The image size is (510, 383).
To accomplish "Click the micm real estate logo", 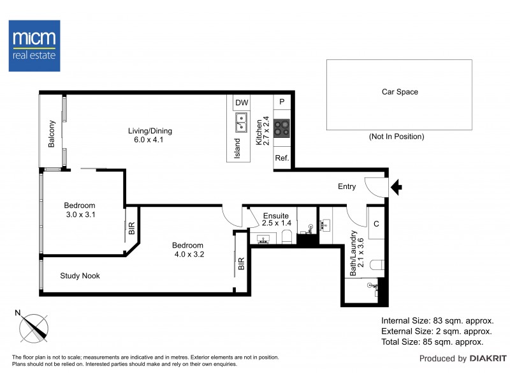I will coord(34,45).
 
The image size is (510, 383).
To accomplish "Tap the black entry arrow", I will coord(396,187).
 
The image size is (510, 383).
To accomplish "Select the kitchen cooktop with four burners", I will coord(282,128).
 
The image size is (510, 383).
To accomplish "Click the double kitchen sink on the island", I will coord(242,122).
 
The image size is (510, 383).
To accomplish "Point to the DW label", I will coord(241,103).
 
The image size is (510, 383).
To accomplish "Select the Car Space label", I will coord(400,92).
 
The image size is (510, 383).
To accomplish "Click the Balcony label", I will coord(52,134).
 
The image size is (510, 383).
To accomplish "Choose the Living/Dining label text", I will coord(149,131).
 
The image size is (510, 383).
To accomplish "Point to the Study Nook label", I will coord(80,276).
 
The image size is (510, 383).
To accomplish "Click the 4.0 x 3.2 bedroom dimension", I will coord(187,255).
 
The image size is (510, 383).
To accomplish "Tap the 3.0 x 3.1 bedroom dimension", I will coord(80,215).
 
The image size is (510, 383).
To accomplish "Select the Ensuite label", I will coord(276,216).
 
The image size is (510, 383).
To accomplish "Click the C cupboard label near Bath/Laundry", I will coord(376,224).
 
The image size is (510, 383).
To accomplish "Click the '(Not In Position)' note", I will coord(396,137).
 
